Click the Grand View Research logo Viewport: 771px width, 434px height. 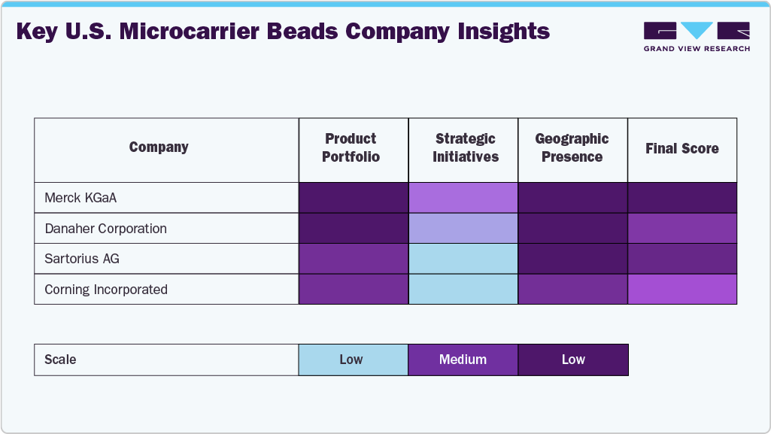click(x=697, y=37)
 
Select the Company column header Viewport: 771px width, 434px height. click(x=159, y=147)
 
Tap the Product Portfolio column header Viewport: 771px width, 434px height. click(x=351, y=147)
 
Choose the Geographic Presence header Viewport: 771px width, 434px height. click(x=572, y=147)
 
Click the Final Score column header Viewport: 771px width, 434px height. click(x=681, y=148)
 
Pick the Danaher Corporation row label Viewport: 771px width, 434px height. click(x=105, y=228)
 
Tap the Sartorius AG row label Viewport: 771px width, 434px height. click(x=82, y=259)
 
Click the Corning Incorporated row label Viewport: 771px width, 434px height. click(x=106, y=290)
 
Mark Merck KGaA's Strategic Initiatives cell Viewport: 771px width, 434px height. click(x=463, y=198)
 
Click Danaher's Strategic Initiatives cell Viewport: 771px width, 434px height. click(x=463, y=228)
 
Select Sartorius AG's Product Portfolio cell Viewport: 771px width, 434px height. click(x=354, y=259)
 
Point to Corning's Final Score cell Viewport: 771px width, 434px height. click(x=682, y=290)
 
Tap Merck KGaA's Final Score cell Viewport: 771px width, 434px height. click(x=682, y=198)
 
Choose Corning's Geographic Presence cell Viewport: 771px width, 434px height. click(x=572, y=290)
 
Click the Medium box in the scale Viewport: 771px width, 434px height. click(x=463, y=360)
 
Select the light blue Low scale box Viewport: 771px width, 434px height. click(x=354, y=360)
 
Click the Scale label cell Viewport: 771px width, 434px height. click(x=166, y=360)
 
